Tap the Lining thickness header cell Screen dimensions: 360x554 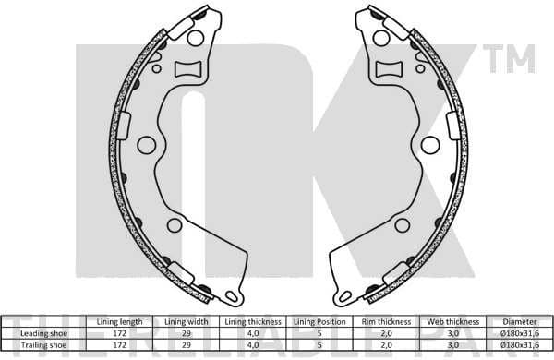coord(251,321)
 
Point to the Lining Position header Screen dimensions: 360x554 coord(318,321)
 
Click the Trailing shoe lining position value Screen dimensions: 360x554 coord(318,343)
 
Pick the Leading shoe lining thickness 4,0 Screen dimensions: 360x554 coord(251,332)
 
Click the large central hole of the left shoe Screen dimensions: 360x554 coord(146,144)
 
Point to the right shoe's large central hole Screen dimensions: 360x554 coord(429,144)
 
